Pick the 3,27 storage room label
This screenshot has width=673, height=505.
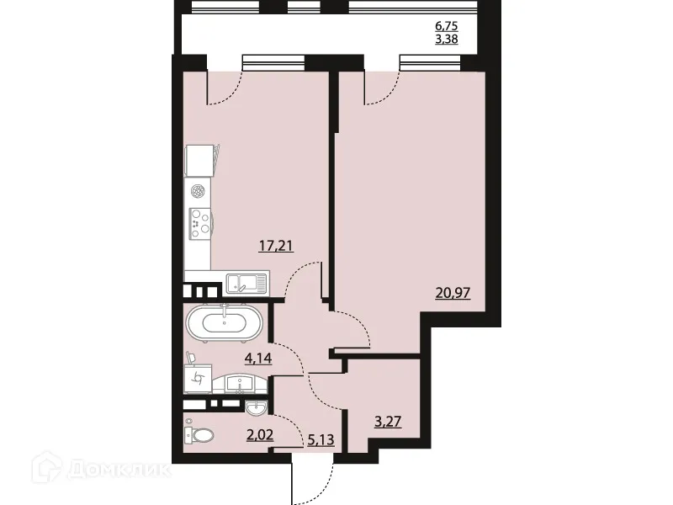(x=386, y=422)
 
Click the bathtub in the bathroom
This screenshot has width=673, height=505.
(x=224, y=322)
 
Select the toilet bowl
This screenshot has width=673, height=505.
(x=199, y=435)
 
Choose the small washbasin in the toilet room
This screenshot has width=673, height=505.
(x=257, y=409)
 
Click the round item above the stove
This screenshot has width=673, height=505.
(x=199, y=191)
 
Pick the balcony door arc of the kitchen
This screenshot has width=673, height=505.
(x=225, y=88)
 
